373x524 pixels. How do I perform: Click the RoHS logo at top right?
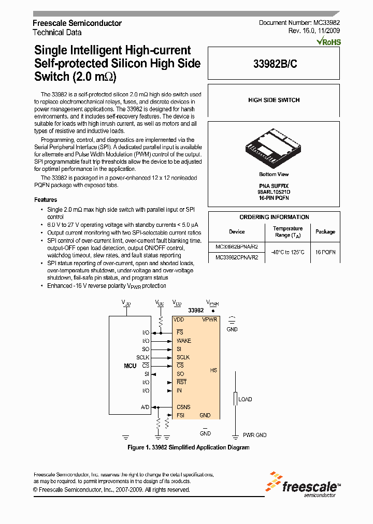pyautogui.click(x=328, y=41)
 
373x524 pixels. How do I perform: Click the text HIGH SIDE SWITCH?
pyautogui.click(x=274, y=100)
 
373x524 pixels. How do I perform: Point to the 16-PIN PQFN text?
pyautogui.click(x=274, y=198)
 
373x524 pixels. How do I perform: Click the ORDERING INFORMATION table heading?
pyautogui.click(x=274, y=217)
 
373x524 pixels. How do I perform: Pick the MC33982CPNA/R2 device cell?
pyautogui.click(x=237, y=257)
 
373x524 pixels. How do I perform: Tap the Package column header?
pyautogui.click(x=325, y=231)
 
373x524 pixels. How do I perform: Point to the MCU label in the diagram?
pyautogui.click(x=130, y=366)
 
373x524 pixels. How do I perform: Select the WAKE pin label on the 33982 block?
pyautogui.click(x=183, y=341)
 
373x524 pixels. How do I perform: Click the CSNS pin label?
pyautogui.click(x=183, y=407)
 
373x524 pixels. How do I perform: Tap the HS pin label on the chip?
pyautogui.click(x=213, y=370)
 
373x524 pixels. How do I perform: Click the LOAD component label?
pyautogui.click(x=245, y=399)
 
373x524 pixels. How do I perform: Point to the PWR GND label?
pyautogui.click(x=254, y=435)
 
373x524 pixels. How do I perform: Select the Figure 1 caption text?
pyautogui.click(x=188, y=447)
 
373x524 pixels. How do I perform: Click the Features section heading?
pyautogui.click(x=46, y=200)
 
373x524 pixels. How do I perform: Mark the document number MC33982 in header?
pyautogui.click(x=299, y=23)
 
